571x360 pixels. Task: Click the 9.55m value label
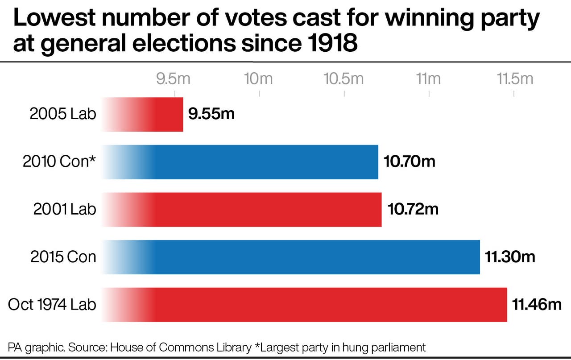(211, 114)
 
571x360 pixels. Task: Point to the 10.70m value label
(409, 161)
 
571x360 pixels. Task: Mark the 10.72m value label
(413, 209)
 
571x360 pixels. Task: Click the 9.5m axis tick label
(174, 79)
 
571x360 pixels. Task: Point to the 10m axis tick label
(259, 79)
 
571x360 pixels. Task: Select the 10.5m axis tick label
(343, 79)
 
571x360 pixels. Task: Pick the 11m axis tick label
(428, 79)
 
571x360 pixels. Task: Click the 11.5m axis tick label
(515, 79)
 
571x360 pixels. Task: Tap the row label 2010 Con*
(59, 161)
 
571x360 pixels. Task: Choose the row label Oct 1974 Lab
(52, 305)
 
